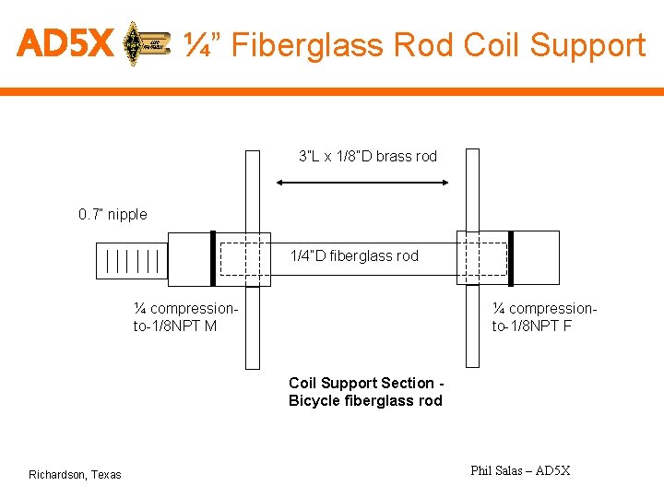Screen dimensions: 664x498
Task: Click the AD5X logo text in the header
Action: [65, 42]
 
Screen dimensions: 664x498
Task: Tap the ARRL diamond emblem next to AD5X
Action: [136, 42]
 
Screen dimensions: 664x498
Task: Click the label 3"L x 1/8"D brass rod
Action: [367, 156]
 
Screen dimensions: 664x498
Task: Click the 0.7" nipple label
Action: [113, 214]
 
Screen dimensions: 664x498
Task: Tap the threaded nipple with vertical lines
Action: [132, 261]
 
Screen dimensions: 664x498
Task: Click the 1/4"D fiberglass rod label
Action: [354, 255]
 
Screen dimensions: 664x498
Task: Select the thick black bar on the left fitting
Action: [213, 258]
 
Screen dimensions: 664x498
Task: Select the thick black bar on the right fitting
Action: [510, 258]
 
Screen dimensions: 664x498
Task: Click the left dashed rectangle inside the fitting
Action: [244, 258]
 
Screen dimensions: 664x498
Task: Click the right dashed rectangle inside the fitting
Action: [483, 258]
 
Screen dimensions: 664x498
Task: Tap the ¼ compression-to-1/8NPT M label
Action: [185, 316]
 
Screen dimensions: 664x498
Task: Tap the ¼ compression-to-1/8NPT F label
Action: [544, 316]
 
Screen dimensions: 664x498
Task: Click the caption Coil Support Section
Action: [366, 383]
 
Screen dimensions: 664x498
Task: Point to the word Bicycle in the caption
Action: [314, 400]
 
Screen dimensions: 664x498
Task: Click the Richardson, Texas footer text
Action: [75, 474]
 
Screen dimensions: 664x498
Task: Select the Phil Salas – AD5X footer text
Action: [520, 470]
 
